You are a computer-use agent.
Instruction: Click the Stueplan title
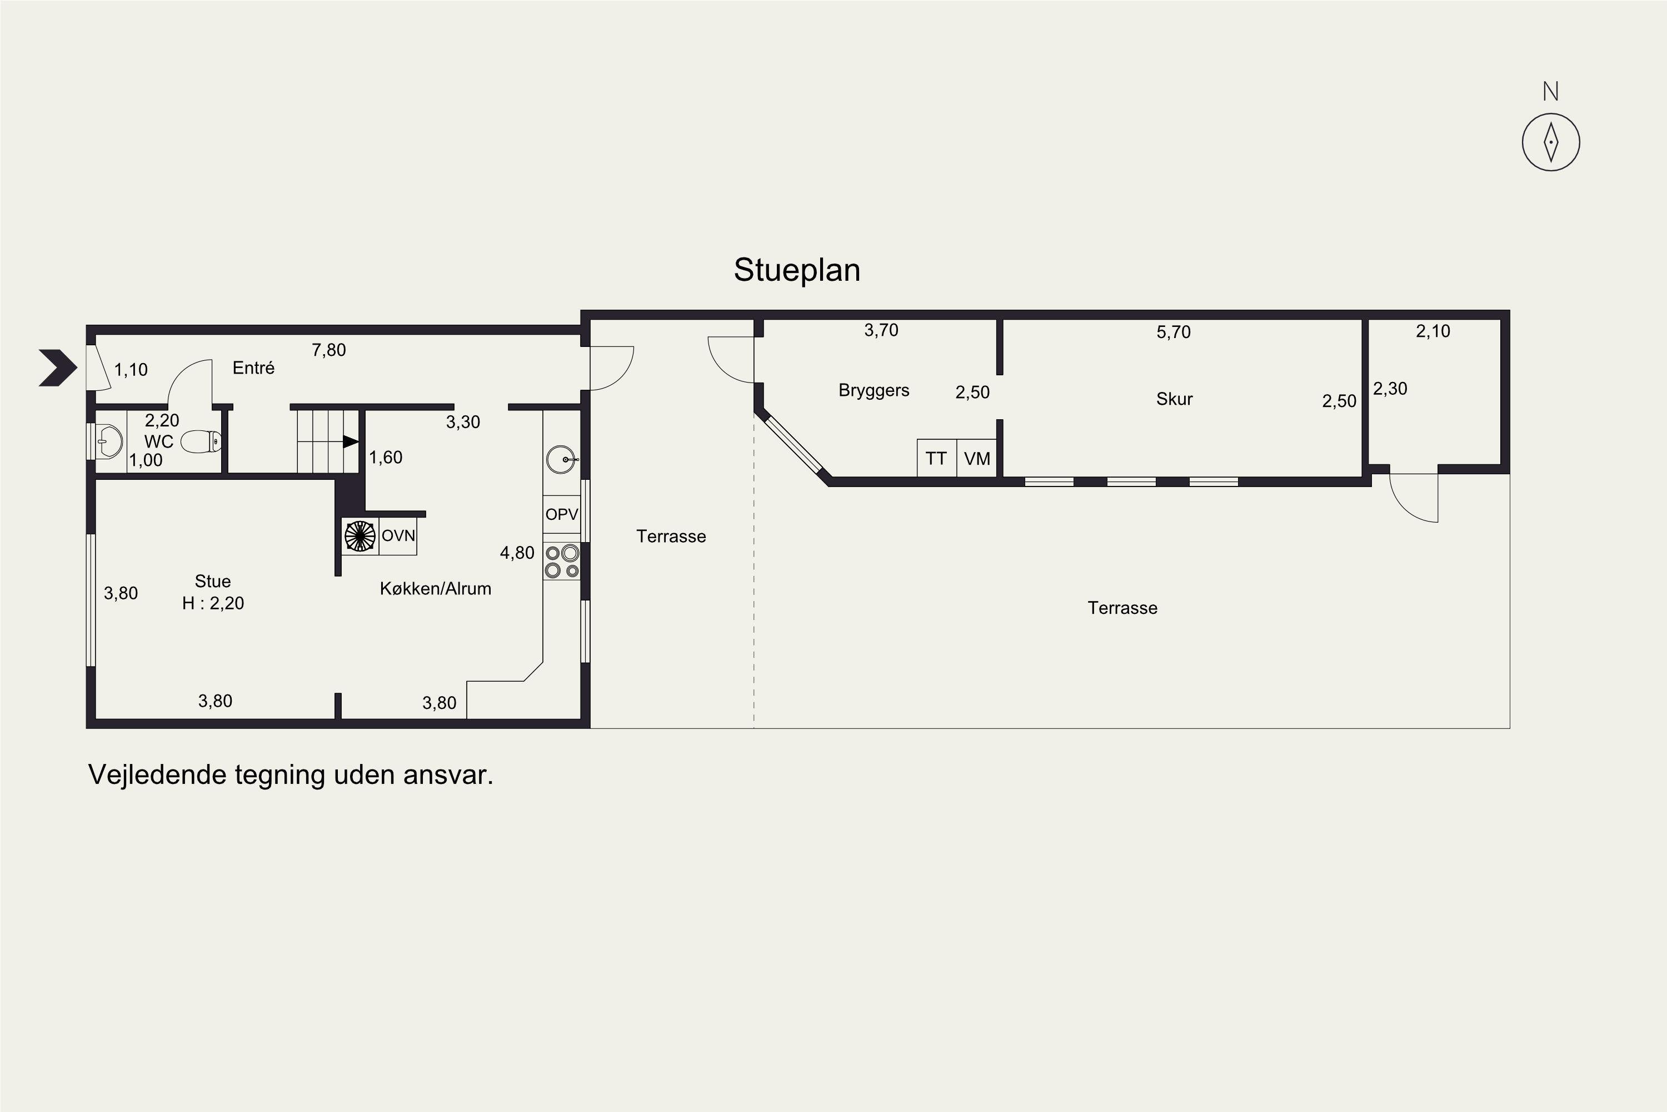coord(797,270)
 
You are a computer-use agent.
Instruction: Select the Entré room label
coord(253,368)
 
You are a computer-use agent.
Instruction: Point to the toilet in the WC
coord(201,442)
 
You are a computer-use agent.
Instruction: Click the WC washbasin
coord(109,442)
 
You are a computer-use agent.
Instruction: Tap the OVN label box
coord(398,535)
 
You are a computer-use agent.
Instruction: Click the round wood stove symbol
coord(360,536)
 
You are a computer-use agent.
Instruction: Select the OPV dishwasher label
coord(561,514)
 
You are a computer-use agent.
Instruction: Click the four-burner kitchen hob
coord(562,561)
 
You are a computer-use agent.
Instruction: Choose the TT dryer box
coord(936,458)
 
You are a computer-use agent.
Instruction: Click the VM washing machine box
coord(977,458)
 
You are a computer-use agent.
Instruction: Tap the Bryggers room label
coord(874,391)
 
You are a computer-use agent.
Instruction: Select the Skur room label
coord(1175,399)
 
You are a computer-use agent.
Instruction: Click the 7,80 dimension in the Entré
coord(329,350)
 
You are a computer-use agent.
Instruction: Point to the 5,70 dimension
coord(1174,332)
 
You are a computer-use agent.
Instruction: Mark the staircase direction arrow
coord(351,441)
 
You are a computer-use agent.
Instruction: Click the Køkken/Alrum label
coord(435,589)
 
